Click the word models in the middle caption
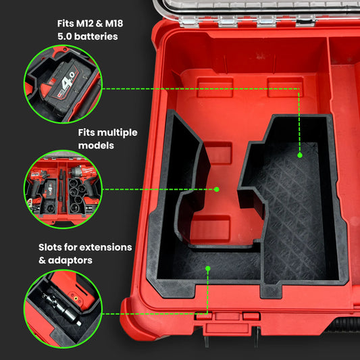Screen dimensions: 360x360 click(x=96, y=146)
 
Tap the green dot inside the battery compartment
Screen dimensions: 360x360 click(x=300, y=155)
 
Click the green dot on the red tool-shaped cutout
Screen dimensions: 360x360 click(x=217, y=189)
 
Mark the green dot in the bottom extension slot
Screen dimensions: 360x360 click(x=208, y=268)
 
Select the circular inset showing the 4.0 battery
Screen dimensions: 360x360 click(x=63, y=84)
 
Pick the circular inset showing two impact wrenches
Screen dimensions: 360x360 click(x=63, y=189)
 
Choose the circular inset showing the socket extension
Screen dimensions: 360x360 click(x=63, y=309)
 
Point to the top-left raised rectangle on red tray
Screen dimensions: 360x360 click(x=215, y=87)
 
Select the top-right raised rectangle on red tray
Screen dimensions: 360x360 click(x=286, y=87)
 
